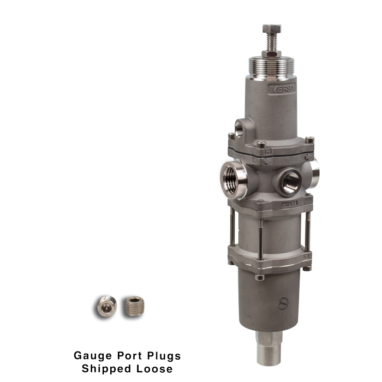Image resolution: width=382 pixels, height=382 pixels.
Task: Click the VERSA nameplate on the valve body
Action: [x=283, y=88]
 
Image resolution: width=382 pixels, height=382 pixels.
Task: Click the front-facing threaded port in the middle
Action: [x=289, y=181]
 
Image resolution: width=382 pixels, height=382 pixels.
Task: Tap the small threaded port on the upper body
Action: [x=240, y=129]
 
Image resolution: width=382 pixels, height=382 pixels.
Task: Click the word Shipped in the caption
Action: [x=104, y=369]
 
